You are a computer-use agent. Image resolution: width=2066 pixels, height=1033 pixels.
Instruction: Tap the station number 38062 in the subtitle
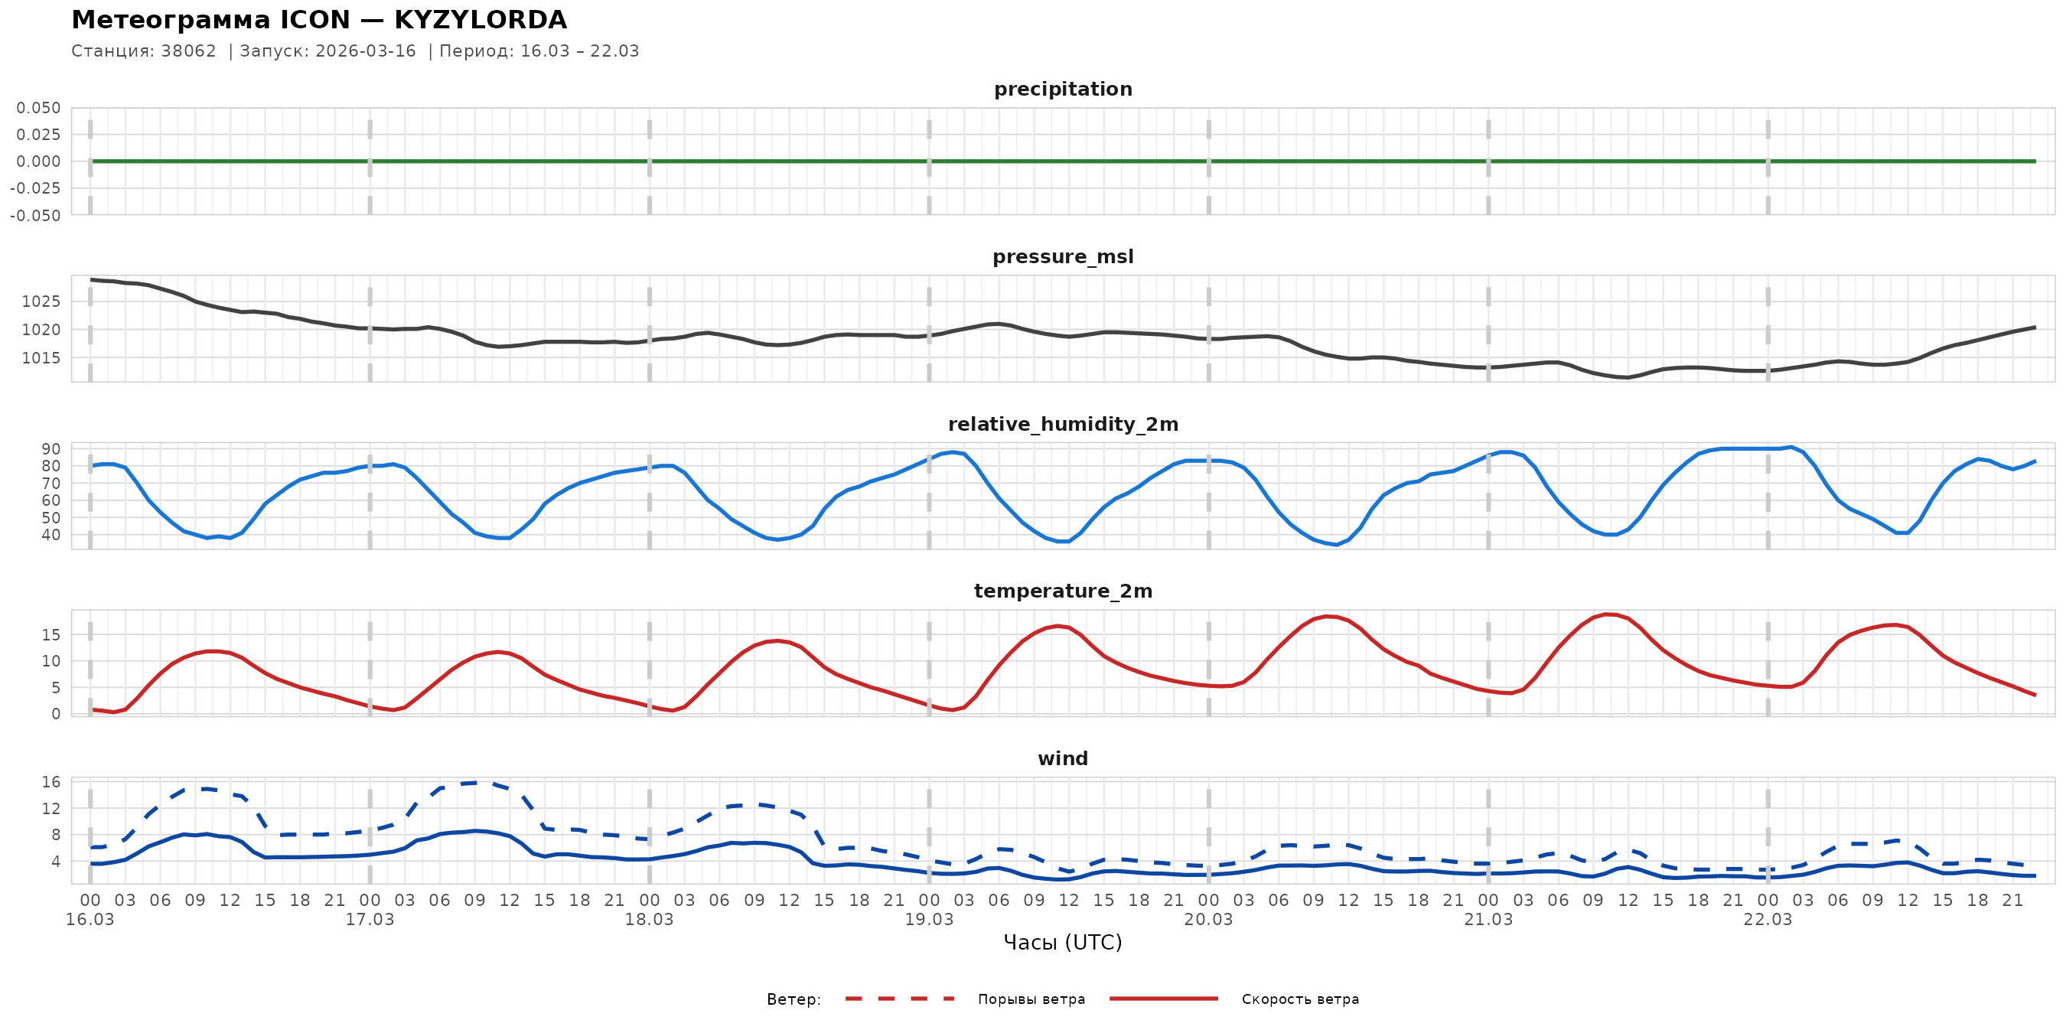[x=188, y=51]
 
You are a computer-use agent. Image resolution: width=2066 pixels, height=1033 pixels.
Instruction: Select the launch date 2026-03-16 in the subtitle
[x=366, y=51]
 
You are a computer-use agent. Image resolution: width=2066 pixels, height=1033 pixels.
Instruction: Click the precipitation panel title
[x=1063, y=89]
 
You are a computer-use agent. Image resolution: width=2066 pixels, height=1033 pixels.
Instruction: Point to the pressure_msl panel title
[x=1063, y=256]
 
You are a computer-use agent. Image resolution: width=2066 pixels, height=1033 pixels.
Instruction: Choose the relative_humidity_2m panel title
[x=1063, y=424]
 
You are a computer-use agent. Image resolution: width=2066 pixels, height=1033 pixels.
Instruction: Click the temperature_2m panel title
[x=1063, y=591]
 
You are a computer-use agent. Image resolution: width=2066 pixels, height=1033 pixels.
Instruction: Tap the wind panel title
[x=1063, y=759]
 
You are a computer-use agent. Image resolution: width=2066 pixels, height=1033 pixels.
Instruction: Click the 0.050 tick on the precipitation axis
[x=38, y=108]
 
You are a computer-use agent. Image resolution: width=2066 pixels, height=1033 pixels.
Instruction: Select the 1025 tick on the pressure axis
[x=41, y=301]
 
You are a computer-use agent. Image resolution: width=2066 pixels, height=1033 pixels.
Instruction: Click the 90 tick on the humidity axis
[x=51, y=449]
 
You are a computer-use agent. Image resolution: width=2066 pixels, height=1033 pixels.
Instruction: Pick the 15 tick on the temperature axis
[x=51, y=635]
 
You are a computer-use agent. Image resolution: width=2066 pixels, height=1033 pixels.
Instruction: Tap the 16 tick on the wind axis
[x=51, y=782]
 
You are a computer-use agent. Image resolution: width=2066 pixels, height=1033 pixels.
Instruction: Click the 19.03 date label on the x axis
[x=929, y=920]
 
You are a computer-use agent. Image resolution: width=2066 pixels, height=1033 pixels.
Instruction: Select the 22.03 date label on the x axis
[x=1768, y=920]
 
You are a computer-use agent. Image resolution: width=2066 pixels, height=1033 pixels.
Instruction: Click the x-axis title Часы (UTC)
[x=1063, y=943]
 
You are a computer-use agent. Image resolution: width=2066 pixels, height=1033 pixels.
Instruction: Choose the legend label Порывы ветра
[x=1031, y=999]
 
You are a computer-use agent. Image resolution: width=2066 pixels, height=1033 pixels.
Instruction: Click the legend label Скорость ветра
[x=1300, y=999]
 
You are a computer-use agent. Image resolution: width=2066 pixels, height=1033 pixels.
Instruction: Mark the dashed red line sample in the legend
[x=900, y=999]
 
